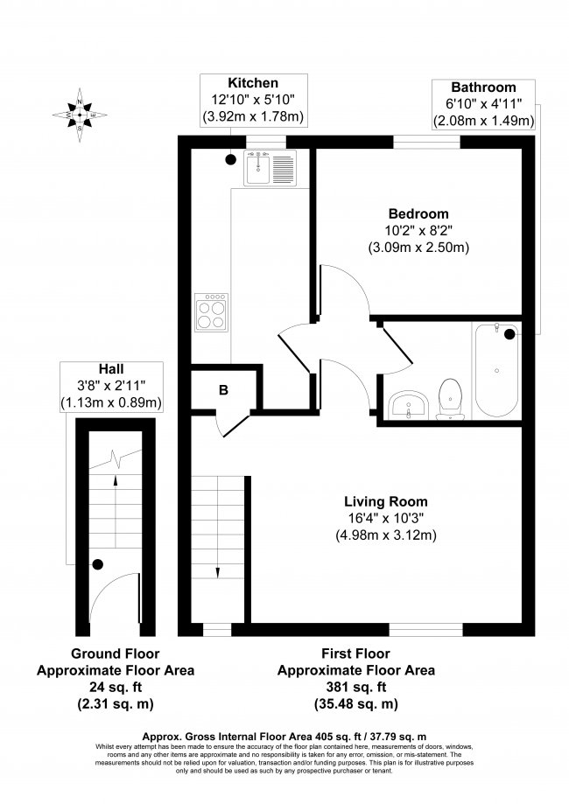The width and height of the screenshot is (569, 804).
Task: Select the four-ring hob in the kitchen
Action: pos(212,311)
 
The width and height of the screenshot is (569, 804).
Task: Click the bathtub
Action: pos(497,373)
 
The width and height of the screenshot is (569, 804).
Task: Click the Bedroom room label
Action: pos(418,213)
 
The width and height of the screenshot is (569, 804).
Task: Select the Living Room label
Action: pos(385,501)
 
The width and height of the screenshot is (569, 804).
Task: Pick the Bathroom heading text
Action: pos(483,87)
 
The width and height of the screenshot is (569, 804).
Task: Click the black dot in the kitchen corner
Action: pos(229,159)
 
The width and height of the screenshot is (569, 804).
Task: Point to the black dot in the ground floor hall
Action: pos(98,564)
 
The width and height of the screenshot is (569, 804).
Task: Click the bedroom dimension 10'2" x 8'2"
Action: pos(418,230)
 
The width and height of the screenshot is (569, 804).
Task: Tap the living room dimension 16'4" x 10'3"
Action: pos(385,518)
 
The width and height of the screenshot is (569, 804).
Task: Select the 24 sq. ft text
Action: pos(115,687)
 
